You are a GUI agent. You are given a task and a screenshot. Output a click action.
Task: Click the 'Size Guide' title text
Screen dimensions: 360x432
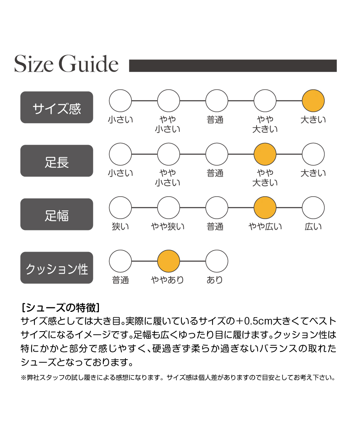[66, 64]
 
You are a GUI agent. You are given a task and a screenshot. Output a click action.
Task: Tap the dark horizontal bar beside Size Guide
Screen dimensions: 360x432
[233, 66]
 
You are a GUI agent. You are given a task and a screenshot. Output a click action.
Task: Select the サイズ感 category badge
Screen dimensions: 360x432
[57, 108]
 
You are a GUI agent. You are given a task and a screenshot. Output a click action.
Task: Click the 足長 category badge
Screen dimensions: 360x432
[57, 161]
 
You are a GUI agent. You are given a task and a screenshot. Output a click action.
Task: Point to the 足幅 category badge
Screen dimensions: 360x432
[57, 214]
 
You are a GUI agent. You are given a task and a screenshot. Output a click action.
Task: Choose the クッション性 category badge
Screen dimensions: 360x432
[57, 268]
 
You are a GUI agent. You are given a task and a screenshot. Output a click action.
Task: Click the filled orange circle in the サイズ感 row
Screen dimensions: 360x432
[313, 100]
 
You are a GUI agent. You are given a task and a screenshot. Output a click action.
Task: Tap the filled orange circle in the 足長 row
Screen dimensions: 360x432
[265, 154]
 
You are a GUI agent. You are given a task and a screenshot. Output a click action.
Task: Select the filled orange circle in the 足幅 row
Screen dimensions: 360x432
[265, 207]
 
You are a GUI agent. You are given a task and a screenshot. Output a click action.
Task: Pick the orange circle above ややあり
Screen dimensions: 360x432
[169, 261]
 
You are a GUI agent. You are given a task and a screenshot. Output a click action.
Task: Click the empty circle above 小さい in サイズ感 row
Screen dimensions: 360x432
[121, 100]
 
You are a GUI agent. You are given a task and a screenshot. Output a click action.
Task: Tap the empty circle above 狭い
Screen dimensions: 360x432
[121, 207]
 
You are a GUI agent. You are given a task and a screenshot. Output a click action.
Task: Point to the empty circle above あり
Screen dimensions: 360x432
[217, 261]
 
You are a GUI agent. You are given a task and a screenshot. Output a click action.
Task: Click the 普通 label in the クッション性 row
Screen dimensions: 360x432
[121, 280]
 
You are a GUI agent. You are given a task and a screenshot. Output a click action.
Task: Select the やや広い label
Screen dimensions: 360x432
[265, 227]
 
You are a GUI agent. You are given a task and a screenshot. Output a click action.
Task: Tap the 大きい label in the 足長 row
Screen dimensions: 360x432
[313, 173]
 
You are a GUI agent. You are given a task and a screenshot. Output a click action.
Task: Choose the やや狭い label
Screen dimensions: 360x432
[168, 227]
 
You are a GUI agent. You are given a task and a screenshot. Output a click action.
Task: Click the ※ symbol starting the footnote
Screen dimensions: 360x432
[23, 378]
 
